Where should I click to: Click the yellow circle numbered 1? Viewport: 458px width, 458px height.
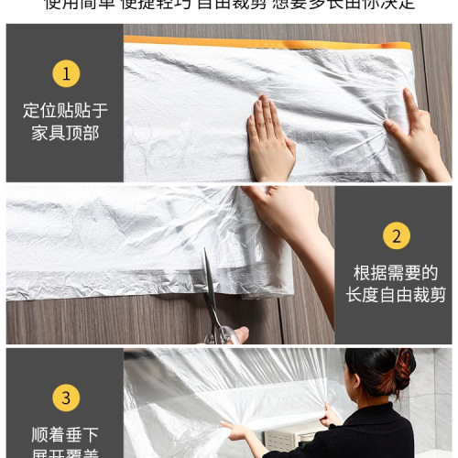point(64,74)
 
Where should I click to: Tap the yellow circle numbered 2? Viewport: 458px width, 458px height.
point(396,236)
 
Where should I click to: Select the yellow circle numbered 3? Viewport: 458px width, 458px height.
point(64,398)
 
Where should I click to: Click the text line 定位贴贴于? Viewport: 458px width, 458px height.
point(64,111)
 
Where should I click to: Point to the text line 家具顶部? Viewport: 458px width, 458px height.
point(64,133)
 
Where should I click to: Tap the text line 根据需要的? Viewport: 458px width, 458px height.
point(396,273)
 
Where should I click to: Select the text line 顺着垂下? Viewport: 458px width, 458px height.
point(64,433)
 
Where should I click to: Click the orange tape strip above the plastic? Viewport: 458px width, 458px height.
point(266,42)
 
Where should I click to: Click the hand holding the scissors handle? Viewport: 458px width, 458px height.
point(236,335)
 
